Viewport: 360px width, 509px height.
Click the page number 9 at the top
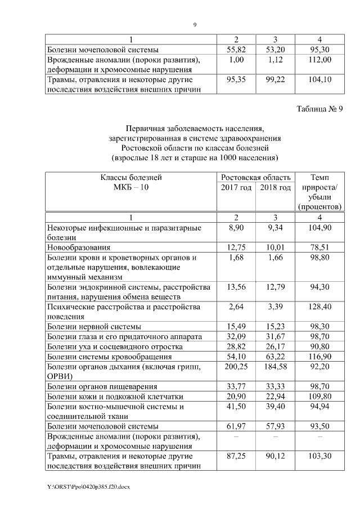195,25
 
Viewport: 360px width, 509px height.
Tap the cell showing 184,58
276,367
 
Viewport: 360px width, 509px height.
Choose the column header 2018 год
276,187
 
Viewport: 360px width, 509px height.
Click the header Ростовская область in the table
256,177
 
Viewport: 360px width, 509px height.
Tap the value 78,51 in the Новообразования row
319,246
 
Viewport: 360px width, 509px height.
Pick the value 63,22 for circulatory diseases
276,357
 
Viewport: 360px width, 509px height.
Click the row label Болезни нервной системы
94,327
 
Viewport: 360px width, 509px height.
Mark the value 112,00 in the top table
319,60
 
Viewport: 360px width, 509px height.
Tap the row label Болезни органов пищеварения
102,388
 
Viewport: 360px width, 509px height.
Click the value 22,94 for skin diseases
276,398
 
